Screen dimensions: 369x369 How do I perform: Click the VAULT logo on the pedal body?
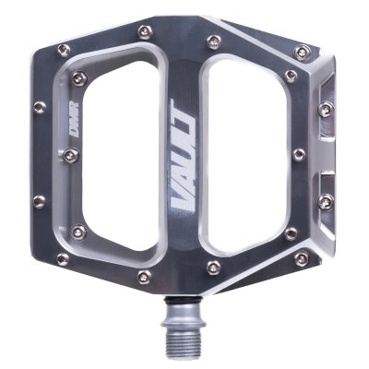coord(184,156)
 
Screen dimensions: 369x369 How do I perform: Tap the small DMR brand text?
coord(74,116)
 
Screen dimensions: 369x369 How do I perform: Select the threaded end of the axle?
coord(184,340)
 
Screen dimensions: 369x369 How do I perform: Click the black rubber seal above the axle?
coord(184,299)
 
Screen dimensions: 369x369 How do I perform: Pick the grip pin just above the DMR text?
coord(79,77)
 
